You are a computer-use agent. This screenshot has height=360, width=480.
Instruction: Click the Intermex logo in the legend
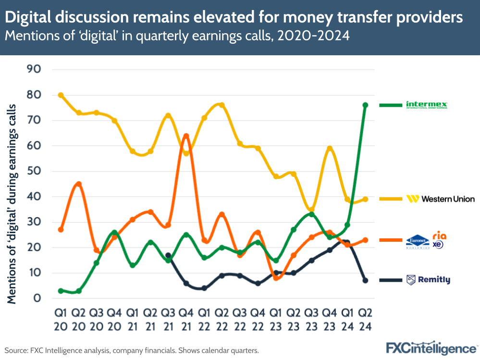coord(427,105)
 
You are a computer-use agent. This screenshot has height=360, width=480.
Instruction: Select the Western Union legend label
coord(440,199)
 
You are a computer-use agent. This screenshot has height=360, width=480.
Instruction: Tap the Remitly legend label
coord(428,280)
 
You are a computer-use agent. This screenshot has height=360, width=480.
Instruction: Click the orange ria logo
coord(439,235)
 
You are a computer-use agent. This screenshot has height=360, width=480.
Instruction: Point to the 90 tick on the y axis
coord(34,70)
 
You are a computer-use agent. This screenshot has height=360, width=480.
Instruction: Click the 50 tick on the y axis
coord(34,171)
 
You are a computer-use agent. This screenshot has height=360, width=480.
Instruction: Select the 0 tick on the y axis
coord(37,298)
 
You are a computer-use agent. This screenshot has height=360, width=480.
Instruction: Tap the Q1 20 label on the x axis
coord(61,319)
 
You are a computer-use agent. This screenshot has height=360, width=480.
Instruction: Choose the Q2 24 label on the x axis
coord(365,319)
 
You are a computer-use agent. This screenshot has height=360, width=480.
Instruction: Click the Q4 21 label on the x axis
coord(186,319)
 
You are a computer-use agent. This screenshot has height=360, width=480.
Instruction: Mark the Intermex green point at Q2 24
coord(365,105)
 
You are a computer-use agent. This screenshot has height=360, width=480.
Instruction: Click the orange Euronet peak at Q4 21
coord(186,136)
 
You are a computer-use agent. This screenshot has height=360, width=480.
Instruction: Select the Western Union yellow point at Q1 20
coord(61,95)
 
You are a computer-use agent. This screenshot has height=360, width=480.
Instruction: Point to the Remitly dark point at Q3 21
coord(168,255)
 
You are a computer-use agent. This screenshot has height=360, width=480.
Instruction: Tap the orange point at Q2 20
coord(79,184)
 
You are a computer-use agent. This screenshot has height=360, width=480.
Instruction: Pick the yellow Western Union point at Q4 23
coord(330,149)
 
